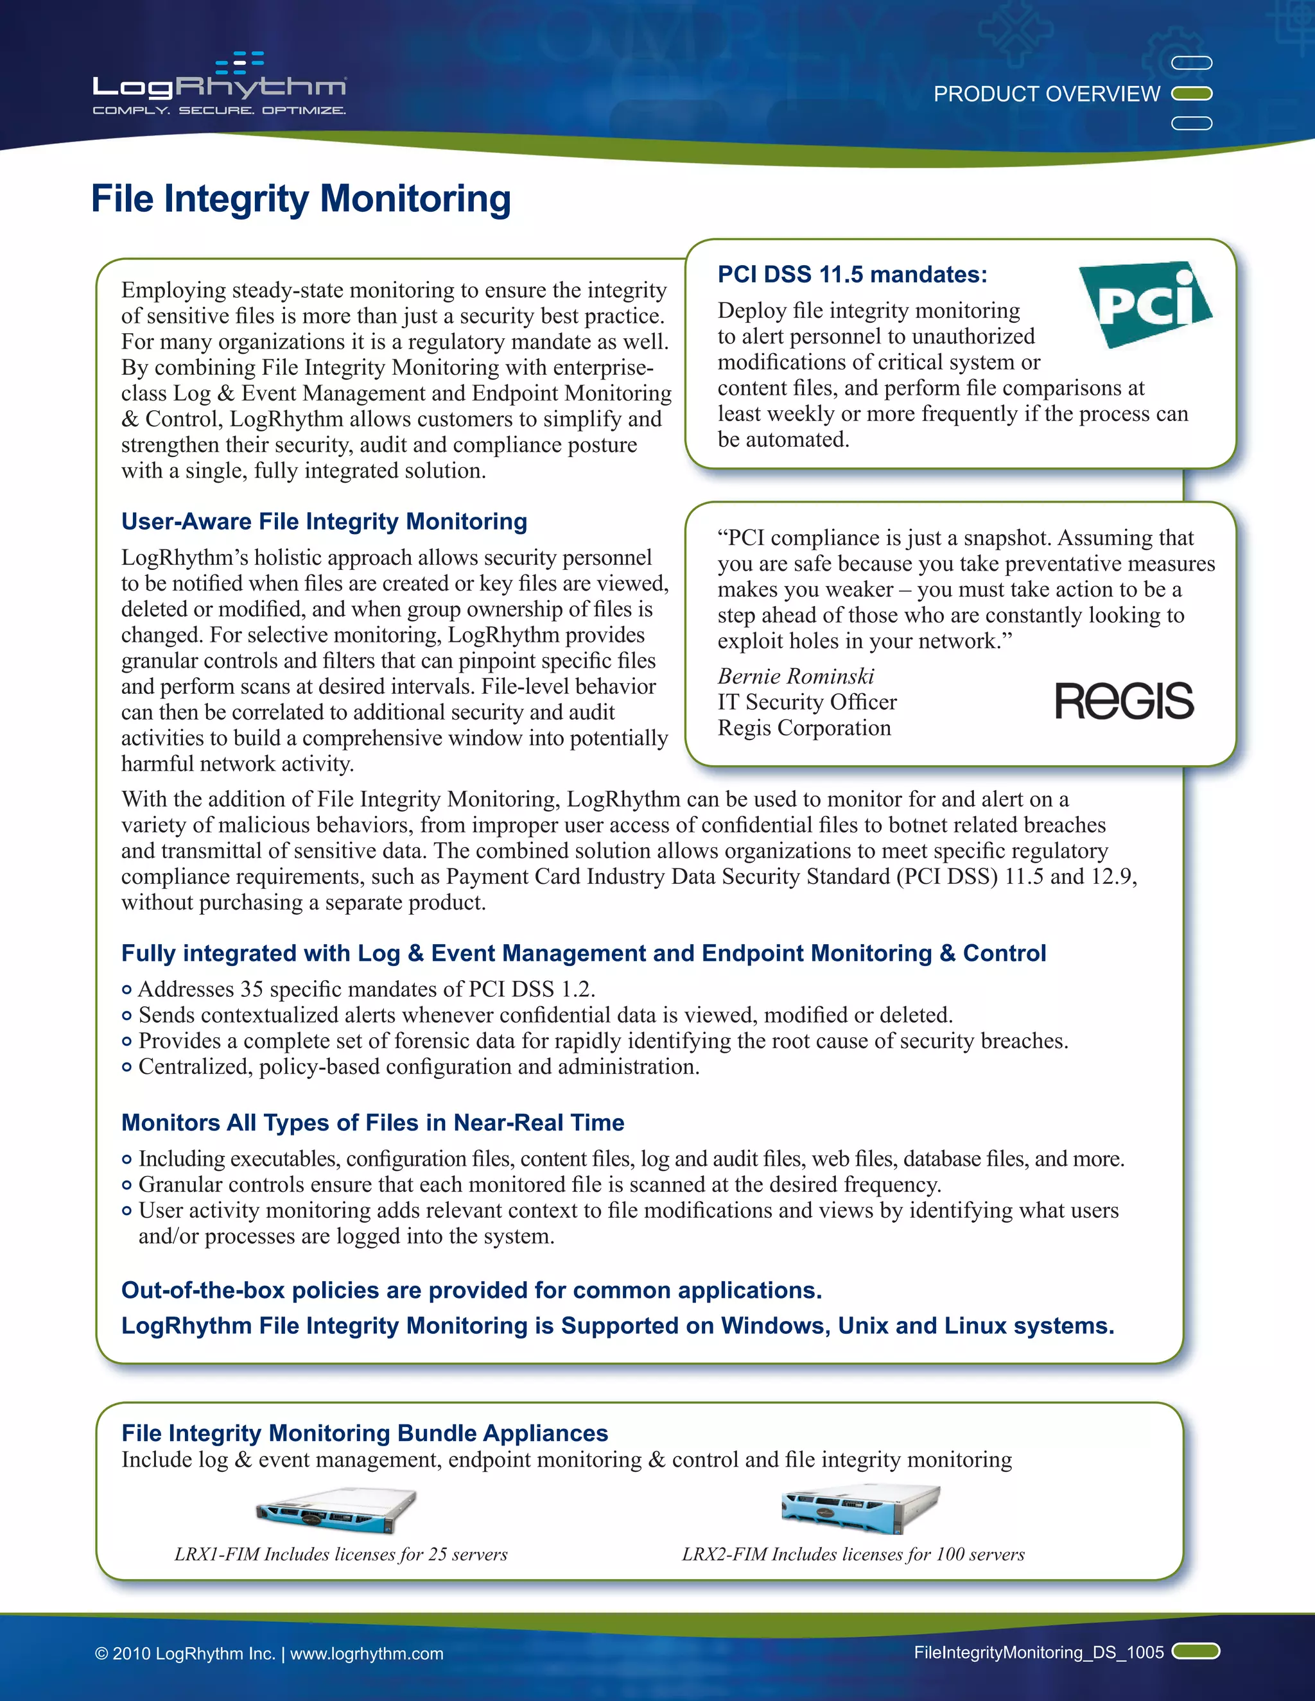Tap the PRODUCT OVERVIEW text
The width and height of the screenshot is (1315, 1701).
pyautogui.click(x=1046, y=94)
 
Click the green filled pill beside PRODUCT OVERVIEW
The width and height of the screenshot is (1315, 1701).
pyautogui.click(x=1192, y=94)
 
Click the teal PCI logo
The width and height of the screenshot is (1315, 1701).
pyautogui.click(x=1144, y=304)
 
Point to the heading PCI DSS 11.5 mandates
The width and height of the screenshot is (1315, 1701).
pyautogui.click(x=852, y=274)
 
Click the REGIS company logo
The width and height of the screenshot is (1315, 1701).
pyautogui.click(x=1124, y=700)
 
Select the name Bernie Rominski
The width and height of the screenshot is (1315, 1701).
pyautogui.click(x=796, y=676)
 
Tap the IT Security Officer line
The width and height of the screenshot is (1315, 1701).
pyautogui.click(x=807, y=702)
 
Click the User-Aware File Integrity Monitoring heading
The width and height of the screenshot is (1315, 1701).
pyautogui.click(x=324, y=521)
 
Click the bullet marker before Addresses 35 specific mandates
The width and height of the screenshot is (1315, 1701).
pyautogui.click(x=127, y=990)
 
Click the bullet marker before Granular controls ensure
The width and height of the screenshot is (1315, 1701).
pyautogui.click(x=127, y=1186)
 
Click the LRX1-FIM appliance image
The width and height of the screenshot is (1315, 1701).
pyautogui.click(x=336, y=1512)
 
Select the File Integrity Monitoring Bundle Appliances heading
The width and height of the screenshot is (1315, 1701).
pyautogui.click(x=365, y=1433)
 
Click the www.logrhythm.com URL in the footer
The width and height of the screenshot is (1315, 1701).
pyautogui.click(x=366, y=1654)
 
